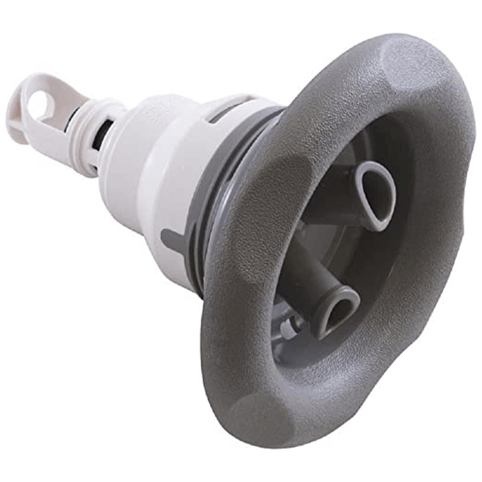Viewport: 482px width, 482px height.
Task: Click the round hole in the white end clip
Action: (x=40, y=106)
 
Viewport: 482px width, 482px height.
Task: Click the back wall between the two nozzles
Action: (x=337, y=253)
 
